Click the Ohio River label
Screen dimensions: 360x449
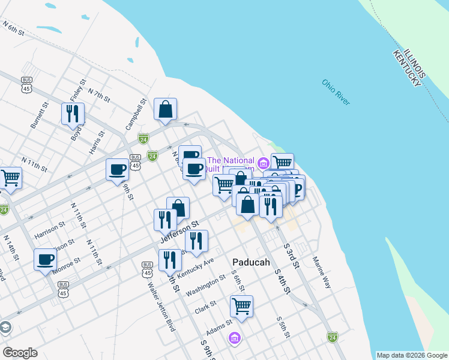[335, 92]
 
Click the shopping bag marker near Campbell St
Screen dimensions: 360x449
[165, 110]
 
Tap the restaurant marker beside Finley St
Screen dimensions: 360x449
[73, 113]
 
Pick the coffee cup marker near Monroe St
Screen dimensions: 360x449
[46, 260]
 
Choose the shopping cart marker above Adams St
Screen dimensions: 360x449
[241, 306]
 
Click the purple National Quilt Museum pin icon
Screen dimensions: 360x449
[263, 163]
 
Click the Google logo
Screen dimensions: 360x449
[20, 353]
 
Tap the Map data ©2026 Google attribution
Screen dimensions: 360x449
[412, 355]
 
